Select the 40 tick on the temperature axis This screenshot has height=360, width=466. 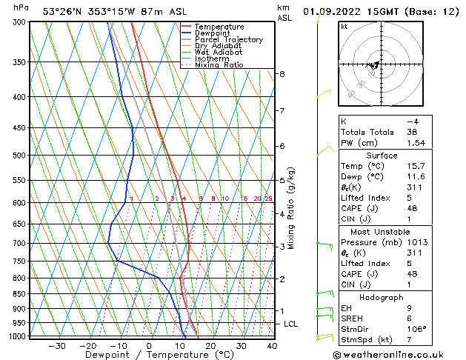tap(272, 346)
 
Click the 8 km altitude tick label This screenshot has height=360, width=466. tap(282, 74)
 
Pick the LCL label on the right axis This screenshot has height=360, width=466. tap(291, 324)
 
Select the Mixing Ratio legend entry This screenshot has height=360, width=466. tap(219, 65)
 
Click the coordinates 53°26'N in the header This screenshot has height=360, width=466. tap(63, 11)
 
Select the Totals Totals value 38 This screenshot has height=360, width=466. tap(413, 132)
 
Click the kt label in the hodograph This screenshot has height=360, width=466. tap(344, 27)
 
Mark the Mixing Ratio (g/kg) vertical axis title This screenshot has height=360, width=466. tap(292, 208)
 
